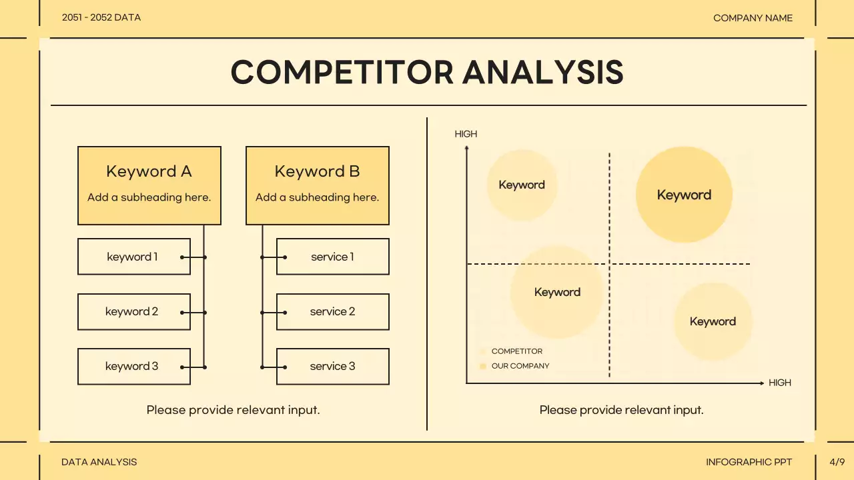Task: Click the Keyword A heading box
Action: tap(149, 185)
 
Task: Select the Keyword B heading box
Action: tap(317, 185)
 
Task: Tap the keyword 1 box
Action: tap(133, 257)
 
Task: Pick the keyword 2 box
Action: tap(133, 311)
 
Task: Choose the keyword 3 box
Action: tap(133, 366)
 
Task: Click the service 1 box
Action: tap(332, 257)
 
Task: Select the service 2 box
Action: tap(332, 311)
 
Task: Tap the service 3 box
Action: tap(332, 366)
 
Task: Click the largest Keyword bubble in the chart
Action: tap(684, 195)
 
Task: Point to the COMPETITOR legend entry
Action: tap(516, 351)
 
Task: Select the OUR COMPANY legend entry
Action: tap(520, 366)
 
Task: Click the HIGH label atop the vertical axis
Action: tap(466, 134)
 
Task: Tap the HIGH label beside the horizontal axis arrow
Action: tap(779, 383)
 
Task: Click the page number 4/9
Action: tap(837, 461)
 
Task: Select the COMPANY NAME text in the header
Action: tap(753, 18)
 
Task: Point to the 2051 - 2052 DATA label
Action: tap(101, 18)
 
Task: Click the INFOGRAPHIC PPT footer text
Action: tap(749, 461)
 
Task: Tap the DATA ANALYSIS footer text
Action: tap(99, 461)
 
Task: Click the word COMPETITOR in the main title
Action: tap(342, 72)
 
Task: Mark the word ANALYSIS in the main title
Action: tap(543, 72)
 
